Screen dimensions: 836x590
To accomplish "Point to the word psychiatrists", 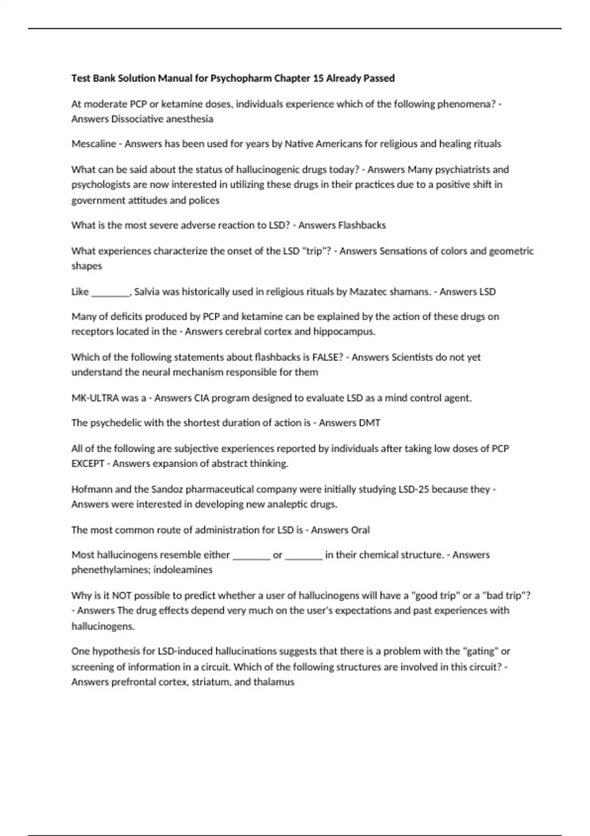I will click(458, 170).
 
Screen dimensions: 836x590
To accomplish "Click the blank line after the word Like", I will click(111, 292).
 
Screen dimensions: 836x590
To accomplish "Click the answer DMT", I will click(370, 423).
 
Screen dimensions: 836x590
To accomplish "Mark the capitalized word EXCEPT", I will click(88, 464).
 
